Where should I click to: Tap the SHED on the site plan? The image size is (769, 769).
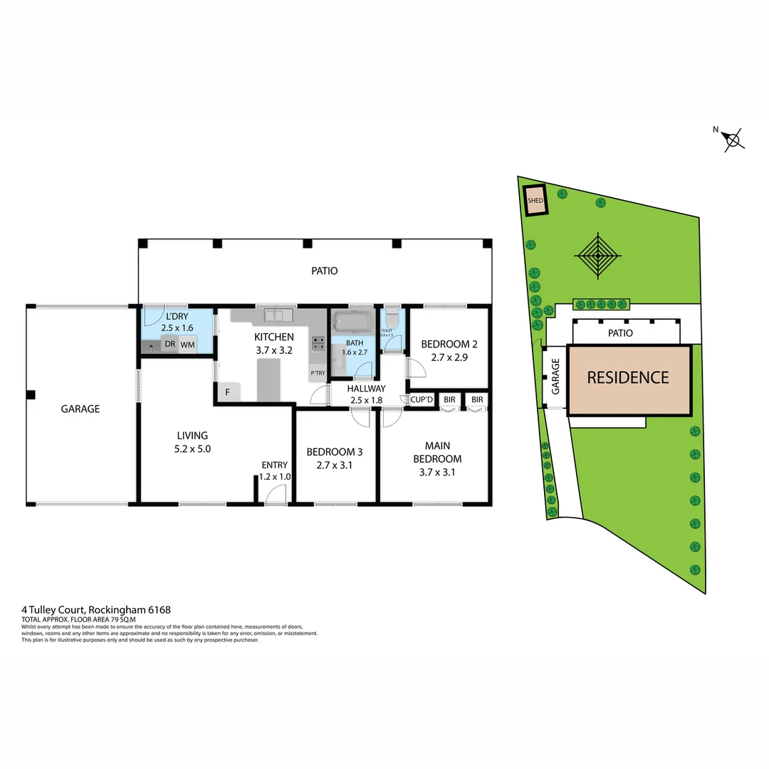(535, 200)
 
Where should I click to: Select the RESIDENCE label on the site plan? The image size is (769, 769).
(628, 377)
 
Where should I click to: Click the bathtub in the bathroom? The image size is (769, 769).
(352, 322)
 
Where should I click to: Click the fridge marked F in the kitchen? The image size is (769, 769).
(228, 392)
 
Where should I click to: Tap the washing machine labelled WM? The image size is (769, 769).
(187, 345)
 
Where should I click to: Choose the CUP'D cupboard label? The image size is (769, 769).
(422, 400)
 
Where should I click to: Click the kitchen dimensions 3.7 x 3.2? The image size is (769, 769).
(274, 350)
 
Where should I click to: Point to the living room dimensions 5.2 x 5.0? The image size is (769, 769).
(193, 449)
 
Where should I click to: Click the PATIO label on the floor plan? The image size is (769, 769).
(324, 271)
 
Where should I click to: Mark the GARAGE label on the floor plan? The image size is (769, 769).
(80, 409)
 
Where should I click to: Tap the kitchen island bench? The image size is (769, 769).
(269, 380)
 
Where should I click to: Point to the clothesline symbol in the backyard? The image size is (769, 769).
(598, 255)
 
